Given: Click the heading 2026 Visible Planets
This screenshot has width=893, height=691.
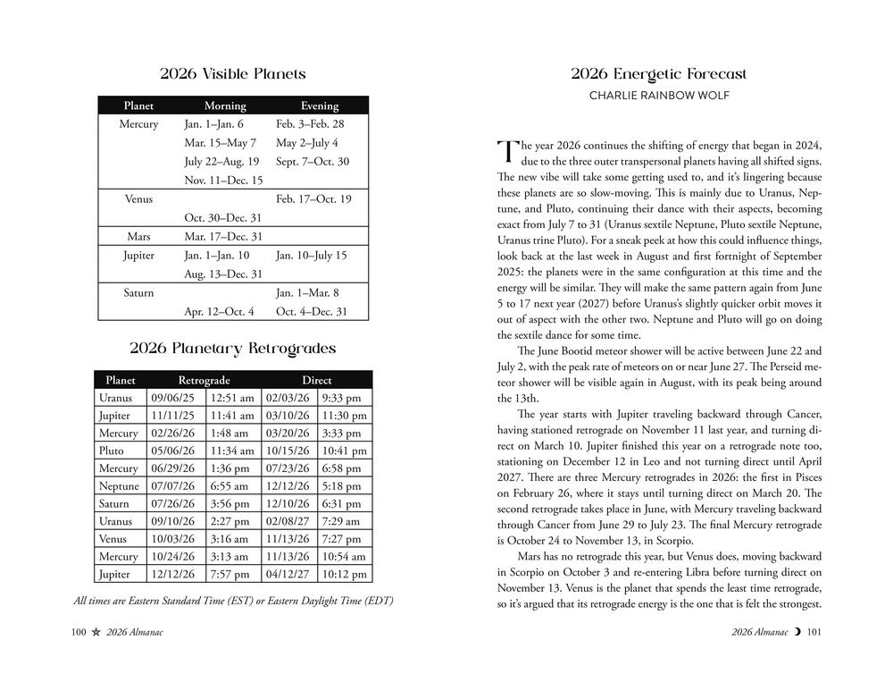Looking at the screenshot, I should (232, 74).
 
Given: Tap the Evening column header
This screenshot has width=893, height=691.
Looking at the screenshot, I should (319, 105).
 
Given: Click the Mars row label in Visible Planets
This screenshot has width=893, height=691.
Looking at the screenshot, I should (138, 237).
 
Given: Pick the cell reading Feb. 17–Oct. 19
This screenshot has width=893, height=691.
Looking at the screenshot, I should (313, 198).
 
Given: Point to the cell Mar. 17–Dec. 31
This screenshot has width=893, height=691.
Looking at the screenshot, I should (223, 237).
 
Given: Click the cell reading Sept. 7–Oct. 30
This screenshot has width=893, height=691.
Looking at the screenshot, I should (313, 162).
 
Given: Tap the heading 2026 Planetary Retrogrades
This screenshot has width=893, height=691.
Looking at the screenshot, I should (232, 349).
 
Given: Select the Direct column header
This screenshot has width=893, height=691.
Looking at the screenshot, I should (316, 380).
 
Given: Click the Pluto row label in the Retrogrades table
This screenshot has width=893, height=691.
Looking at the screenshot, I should (111, 451).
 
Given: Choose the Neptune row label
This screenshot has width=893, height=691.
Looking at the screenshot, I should (118, 486).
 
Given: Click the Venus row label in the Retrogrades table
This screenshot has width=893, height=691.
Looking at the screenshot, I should (113, 539).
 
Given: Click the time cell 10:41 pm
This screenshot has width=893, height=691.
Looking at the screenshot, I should (343, 451).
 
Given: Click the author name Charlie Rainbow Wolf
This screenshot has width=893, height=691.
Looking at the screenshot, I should (659, 96).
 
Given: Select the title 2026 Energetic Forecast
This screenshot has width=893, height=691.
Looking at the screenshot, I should (659, 74).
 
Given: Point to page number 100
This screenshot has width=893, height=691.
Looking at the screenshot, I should (78, 633).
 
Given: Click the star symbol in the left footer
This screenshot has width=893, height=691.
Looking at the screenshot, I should (95, 633).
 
